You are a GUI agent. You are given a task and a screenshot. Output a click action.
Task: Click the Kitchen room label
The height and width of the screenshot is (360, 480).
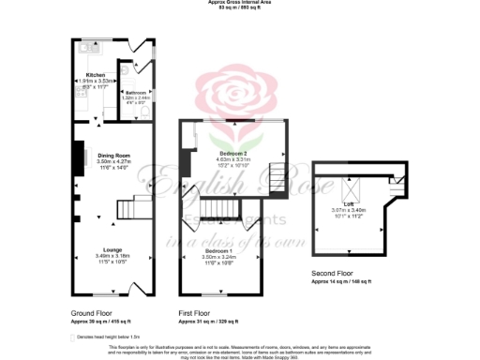point(95,75)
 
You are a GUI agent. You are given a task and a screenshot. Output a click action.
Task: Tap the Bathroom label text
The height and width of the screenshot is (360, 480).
point(137,92)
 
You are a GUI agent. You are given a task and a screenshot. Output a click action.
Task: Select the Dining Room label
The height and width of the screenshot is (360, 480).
point(113,155)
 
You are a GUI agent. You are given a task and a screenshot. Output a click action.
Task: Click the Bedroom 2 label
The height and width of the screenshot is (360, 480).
point(232,153)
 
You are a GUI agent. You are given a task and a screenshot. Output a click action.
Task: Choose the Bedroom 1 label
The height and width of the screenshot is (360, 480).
point(217,250)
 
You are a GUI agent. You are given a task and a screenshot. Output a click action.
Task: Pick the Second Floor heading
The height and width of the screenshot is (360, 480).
point(334,274)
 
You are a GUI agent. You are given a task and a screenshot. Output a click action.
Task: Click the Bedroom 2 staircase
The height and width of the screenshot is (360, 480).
point(277,175)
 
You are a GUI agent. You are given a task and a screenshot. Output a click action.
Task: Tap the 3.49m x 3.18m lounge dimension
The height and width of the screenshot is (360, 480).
point(113,256)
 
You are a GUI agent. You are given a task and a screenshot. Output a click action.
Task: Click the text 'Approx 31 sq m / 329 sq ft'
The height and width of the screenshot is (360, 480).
point(212,321)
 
